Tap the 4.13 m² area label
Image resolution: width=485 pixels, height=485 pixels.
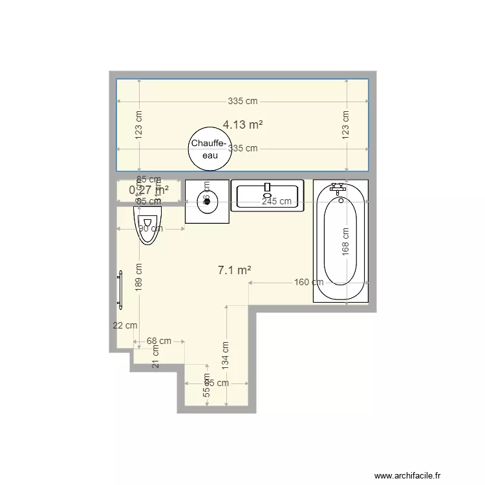[242, 124]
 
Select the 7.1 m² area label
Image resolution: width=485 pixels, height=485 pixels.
[234, 271]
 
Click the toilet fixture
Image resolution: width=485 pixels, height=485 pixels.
[148, 224]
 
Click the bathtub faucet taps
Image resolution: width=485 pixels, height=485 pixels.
[338, 189]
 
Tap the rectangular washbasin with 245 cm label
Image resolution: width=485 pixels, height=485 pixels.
[267, 195]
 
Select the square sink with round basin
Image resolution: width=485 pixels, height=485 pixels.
[207, 201]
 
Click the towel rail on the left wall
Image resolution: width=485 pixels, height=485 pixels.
[119, 289]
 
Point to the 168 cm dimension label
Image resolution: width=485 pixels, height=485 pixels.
[345, 241]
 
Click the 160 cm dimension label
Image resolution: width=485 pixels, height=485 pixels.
[309, 282]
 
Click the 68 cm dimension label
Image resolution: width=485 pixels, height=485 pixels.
[159, 341]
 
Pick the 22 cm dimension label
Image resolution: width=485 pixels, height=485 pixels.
[125, 325]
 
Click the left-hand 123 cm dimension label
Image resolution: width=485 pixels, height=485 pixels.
[139, 124]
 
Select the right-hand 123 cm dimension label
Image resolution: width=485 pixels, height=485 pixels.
[346, 124]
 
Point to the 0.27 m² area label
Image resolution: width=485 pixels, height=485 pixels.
[149, 189]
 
